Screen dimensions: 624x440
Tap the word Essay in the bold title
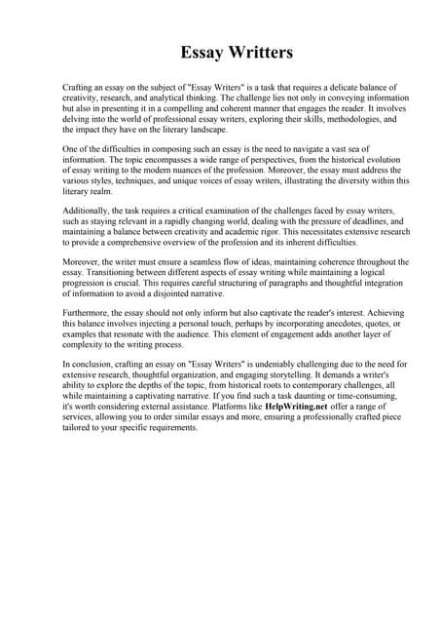pos(203,52)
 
